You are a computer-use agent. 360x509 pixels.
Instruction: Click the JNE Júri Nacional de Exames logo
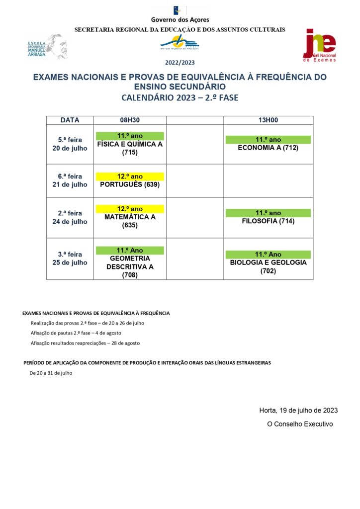[320, 45]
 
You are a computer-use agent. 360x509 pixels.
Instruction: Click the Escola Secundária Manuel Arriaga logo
[46, 47]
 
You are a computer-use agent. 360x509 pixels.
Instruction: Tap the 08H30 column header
[129, 120]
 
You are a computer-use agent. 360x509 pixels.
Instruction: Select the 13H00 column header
[268, 120]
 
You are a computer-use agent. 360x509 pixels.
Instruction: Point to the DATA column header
[70, 120]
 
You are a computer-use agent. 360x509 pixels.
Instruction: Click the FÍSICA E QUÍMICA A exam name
[129, 144]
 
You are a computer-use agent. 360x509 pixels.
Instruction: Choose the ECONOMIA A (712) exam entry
[268, 148]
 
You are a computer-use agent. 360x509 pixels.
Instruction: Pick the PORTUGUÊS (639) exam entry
[129, 184]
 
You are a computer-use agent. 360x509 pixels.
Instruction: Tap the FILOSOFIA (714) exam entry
[268, 221]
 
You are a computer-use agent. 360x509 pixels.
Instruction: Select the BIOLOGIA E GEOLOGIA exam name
[268, 262]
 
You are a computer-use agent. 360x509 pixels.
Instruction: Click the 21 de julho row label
[70, 184]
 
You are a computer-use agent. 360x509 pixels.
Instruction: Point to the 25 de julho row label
[70, 262]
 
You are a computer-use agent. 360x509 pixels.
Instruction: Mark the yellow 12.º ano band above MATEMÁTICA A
[129, 209]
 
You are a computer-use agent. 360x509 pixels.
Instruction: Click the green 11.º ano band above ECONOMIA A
[268, 140]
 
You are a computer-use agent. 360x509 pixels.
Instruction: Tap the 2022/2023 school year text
[180, 63]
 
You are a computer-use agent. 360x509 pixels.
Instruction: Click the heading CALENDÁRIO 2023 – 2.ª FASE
[180, 97]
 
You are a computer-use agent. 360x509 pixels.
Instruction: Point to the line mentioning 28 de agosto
[85, 343]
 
